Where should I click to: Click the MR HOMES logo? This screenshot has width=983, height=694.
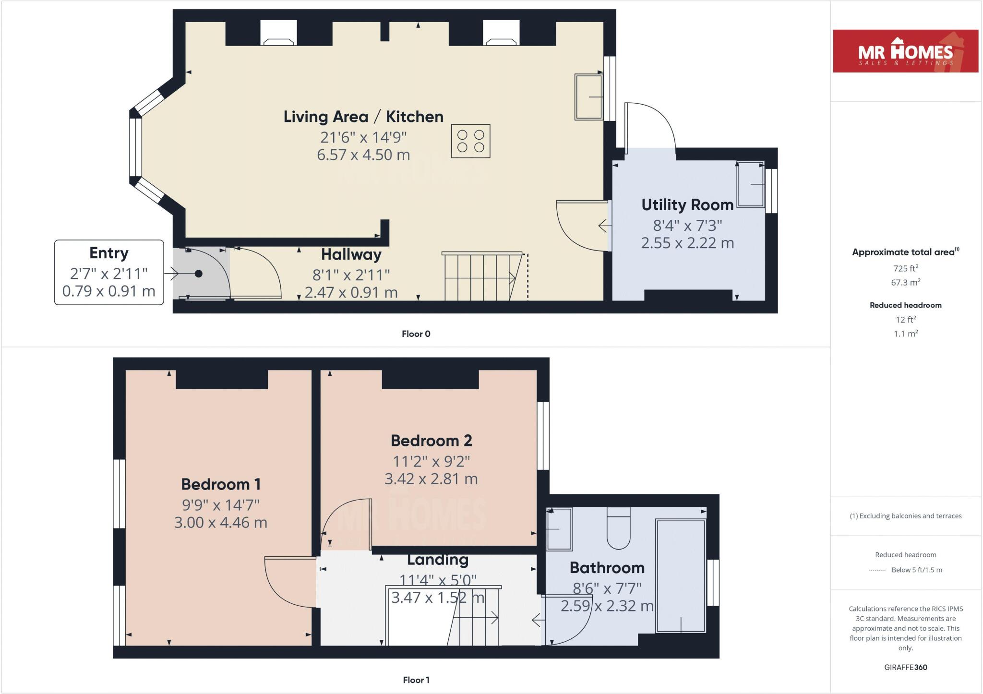[x=905, y=51]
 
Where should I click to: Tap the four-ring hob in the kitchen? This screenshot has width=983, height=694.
[x=470, y=141]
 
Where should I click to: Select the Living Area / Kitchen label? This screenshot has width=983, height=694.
[x=363, y=117]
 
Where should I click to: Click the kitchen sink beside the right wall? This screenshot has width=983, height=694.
[x=588, y=97]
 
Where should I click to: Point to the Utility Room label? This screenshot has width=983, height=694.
[x=687, y=205]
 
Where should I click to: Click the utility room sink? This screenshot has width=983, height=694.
[x=751, y=185]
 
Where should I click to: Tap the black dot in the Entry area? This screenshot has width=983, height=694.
[x=198, y=274]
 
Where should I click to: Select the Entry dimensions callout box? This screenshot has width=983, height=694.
[x=109, y=272]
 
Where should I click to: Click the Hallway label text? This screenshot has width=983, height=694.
[x=351, y=254]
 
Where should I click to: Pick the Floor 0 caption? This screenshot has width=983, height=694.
[x=416, y=334]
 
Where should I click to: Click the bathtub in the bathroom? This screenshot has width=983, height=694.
[x=681, y=576]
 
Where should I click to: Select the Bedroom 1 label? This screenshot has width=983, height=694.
[x=221, y=484]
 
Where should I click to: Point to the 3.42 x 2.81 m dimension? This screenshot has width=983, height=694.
[x=431, y=479]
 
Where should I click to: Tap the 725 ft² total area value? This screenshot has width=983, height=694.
[x=905, y=268]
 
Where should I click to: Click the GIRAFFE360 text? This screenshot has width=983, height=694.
[x=905, y=667]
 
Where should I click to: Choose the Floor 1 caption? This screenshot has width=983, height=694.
[x=416, y=680]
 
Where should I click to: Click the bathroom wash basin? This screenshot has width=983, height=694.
[x=559, y=529]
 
